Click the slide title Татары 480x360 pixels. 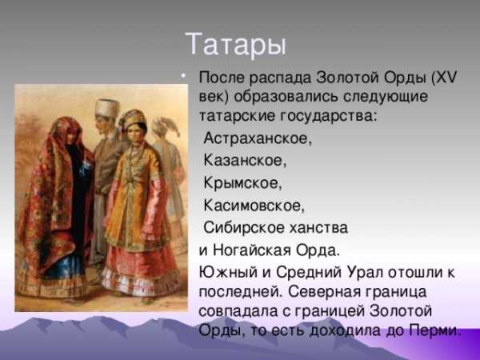(x=235, y=45)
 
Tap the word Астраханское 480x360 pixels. (x=258, y=138)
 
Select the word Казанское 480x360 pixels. (x=245, y=160)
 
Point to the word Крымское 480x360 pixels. (x=242, y=183)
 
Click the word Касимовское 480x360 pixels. (x=254, y=205)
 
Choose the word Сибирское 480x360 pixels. (x=244, y=228)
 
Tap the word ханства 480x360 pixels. (x=318, y=228)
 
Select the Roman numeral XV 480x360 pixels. (x=447, y=78)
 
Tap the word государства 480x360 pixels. (x=328, y=117)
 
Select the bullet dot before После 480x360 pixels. (x=183, y=76)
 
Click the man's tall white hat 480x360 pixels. (x=107, y=108)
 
